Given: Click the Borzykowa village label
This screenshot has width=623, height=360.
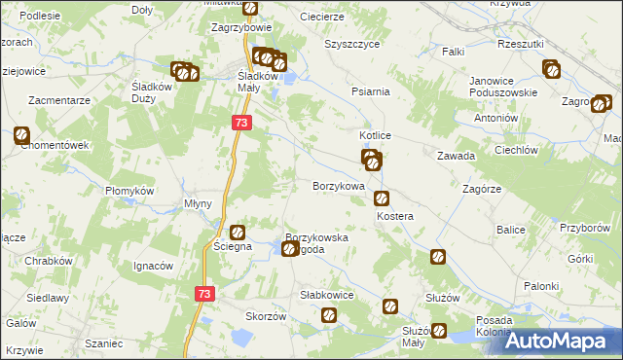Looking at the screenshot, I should (338, 185).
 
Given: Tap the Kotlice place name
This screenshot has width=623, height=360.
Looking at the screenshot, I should (375, 136).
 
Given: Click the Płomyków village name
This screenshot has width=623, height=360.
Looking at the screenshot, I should (130, 191).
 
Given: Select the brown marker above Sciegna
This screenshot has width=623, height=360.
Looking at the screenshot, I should (238, 232).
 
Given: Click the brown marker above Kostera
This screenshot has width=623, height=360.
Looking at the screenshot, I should (382, 198).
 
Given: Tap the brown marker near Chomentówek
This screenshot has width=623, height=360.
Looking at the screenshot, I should (22, 136).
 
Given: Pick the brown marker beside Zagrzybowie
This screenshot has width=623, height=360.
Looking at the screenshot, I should (249, 10).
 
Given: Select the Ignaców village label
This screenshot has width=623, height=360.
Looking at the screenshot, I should (153, 266).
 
